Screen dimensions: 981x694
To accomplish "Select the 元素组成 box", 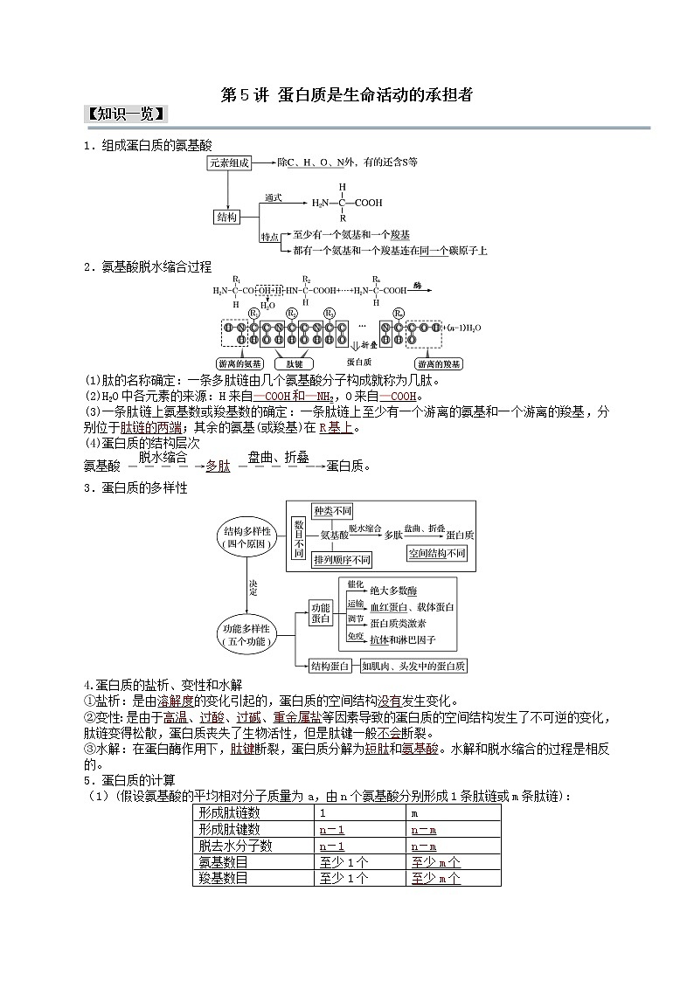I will (230, 162).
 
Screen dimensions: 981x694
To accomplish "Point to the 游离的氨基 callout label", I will (239, 363).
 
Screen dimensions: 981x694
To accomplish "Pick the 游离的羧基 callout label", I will (439, 363).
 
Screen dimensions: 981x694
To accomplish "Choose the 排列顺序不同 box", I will (342, 559).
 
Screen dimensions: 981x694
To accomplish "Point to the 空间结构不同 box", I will (437, 554).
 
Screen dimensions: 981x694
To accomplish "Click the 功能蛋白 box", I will (321, 612).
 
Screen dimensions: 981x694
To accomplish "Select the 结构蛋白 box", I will (330, 667).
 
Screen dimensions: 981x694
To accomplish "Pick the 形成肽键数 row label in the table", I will (229, 829).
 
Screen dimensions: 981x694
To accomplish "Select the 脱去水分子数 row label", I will (235, 846).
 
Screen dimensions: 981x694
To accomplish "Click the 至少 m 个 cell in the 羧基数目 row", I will (435, 878).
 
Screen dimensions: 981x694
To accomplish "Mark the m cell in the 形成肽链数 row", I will (414, 813).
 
